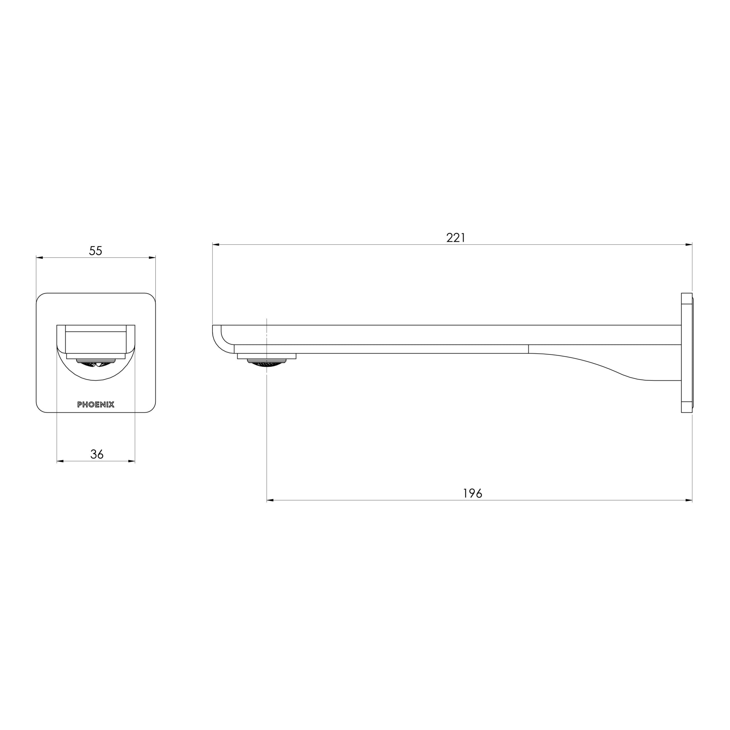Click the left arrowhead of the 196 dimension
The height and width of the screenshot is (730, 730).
tap(270, 501)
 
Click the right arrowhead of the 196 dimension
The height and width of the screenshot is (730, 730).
tap(688, 501)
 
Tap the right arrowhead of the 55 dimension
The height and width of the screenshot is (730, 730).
tap(152, 258)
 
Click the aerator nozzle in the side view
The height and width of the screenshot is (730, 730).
tap(267, 363)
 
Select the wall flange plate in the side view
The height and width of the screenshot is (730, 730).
tap(687, 353)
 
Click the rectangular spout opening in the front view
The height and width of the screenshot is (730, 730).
tap(96, 342)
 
